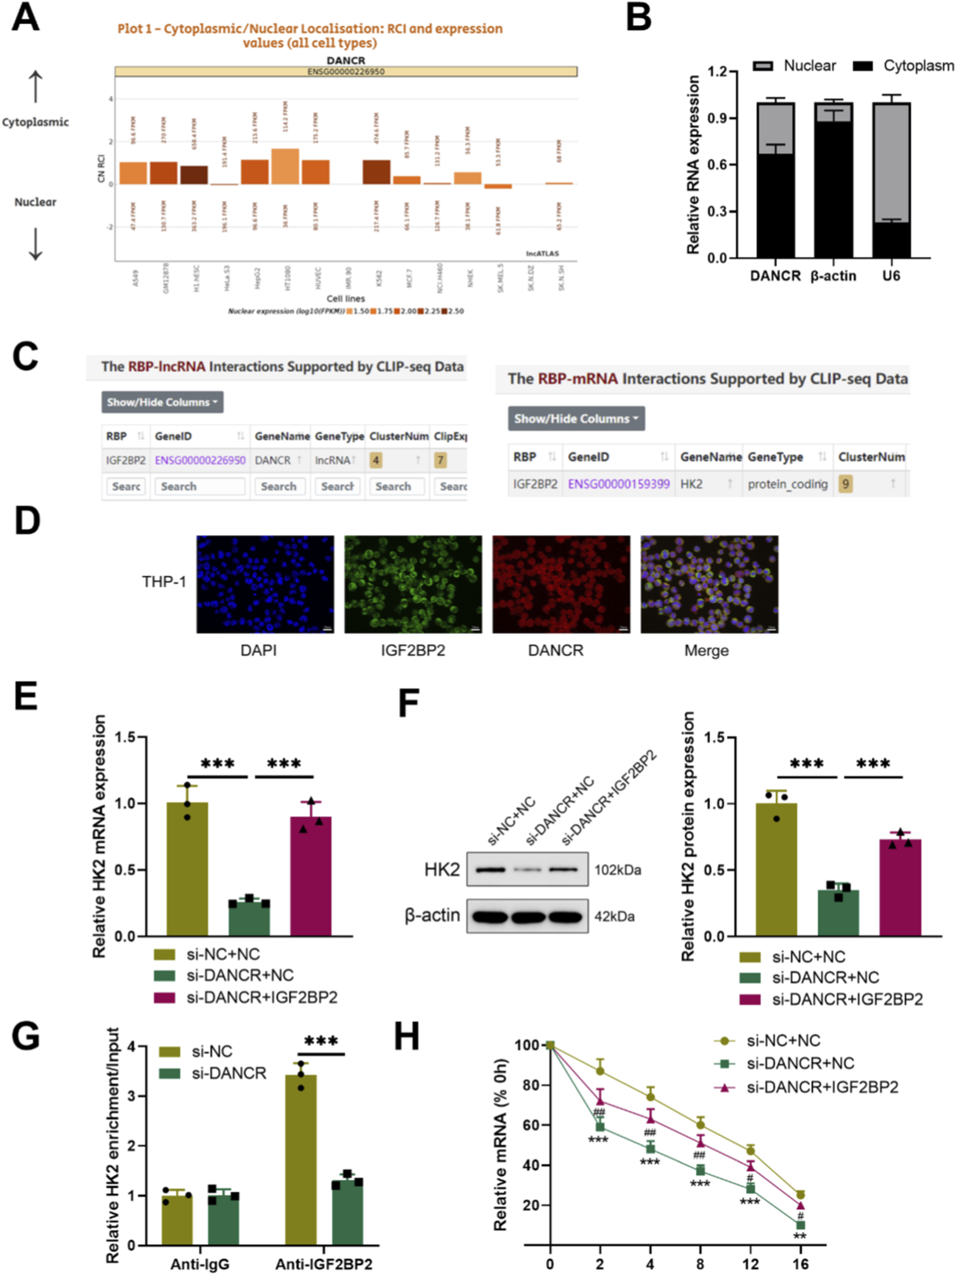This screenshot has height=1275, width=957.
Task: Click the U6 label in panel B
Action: pyautogui.click(x=891, y=275)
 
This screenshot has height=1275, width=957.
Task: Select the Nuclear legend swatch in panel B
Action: pyautogui.click(x=762, y=66)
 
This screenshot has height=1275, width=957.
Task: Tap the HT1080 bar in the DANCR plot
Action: pyautogui.click(x=285, y=167)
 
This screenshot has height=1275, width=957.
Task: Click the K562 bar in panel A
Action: pyautogui.click(x=377, y=172)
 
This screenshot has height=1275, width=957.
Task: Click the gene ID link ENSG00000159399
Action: pyautogui.click(x=618, y=484)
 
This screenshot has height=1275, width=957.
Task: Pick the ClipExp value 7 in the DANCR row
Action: pyautogui.click(x=440, y=461)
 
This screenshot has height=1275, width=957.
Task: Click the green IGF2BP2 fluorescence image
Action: pyautogui.click(x=413, y=584)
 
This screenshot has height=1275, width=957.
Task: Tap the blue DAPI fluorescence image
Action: pyautogui.click(x=265, y=584)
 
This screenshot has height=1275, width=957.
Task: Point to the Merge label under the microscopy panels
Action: pyautogui.click(x=706, y=651)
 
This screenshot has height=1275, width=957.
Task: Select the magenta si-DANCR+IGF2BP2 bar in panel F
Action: pyautogui.click(x=900, y=887)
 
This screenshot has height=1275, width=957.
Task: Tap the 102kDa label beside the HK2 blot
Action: pyautogui.click(x=618, y=870)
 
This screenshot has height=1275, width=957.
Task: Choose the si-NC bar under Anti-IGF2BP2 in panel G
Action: pyautogui.click(x=301, y=1160)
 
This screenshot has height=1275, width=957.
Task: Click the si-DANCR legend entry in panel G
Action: pyautogui.click(x=229, y=1073)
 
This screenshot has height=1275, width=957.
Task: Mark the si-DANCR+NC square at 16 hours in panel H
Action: pyautogui.click(x=801, y=1225)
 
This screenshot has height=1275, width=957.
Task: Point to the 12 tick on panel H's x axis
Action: pyautogui.click(x=750, y=1264)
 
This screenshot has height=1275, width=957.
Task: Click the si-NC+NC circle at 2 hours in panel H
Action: pyautogui.click(x=600, y=1071)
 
